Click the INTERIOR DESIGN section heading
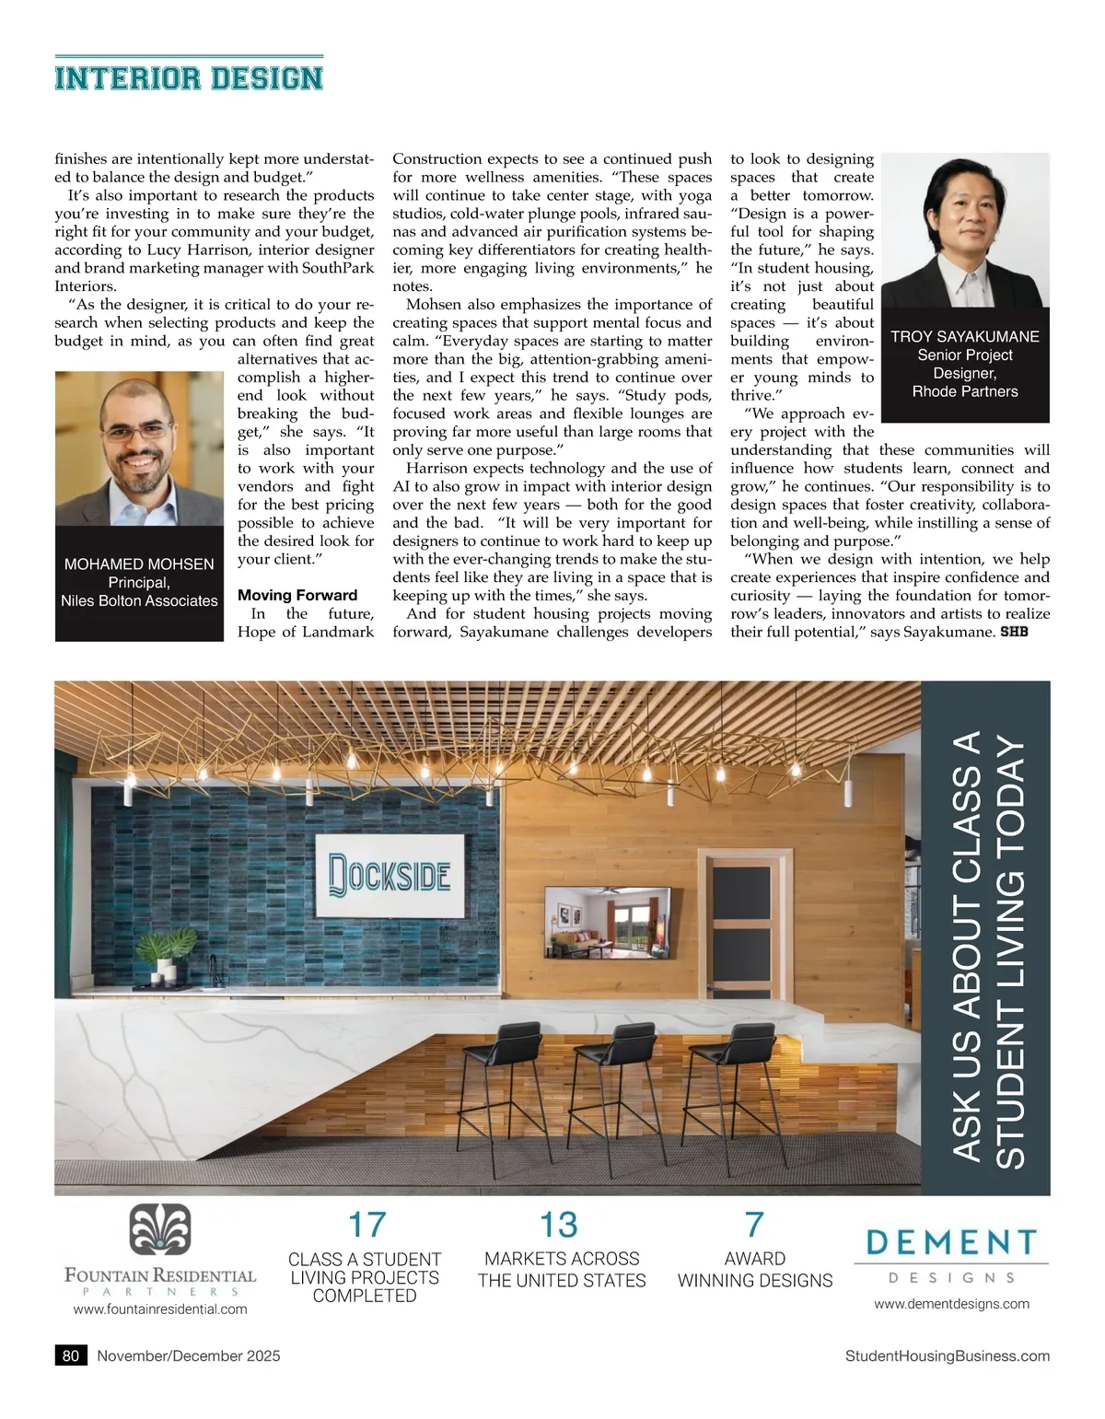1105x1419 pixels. tap(189, 78)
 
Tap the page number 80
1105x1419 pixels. tap(71, 1355)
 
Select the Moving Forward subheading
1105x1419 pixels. tap(297, 595)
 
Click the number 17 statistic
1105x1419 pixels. tap(366, 1226)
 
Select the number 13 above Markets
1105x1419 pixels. tap(559, 1226)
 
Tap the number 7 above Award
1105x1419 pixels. tap(754, 1225)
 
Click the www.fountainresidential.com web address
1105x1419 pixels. tap(160, 1309)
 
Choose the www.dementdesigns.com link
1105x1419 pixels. tap(951, 1303)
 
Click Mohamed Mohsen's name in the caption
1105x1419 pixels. tap(139, 564)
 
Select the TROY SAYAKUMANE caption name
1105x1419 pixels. tap(965, 337)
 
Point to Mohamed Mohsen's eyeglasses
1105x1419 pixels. tap(135, 430)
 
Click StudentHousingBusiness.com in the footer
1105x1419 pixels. tap(947, 1355)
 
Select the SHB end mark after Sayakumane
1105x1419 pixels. tap(1014, 632)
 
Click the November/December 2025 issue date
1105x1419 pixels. tap(189, 1355)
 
